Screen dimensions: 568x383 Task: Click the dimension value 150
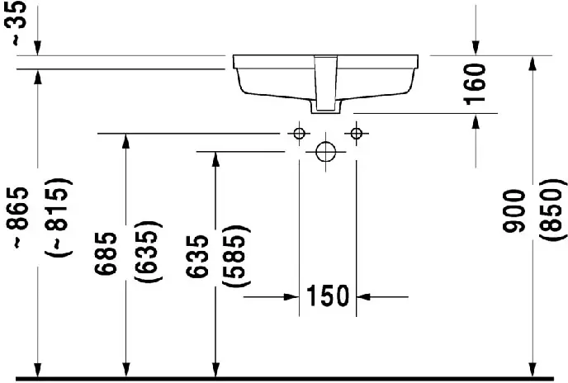(328, 296)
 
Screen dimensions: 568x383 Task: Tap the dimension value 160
(475, 84)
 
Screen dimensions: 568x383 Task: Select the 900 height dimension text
(514, 210)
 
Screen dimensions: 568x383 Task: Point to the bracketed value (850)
(553, 210)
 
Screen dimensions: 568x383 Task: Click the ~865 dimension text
(17, 218)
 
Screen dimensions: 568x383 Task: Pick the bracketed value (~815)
(58, 217)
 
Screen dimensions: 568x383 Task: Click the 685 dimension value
(106, 253)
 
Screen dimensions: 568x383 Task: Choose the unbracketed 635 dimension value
(197, 257)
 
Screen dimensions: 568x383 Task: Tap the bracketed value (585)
(236, 257)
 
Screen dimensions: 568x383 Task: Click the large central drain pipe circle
(325, 152)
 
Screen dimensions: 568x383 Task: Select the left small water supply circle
(299, 134)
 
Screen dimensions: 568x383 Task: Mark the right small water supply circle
(357, 134)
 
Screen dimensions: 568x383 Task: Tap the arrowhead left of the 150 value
(291, 297)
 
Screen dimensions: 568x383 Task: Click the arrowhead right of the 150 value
(364, 297)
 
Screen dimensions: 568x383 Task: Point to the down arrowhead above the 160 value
(476, 48)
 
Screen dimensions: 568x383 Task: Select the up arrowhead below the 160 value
(476, 121)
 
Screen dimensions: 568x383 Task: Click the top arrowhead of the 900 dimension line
(532, 64)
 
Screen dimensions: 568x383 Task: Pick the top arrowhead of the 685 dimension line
(125, 141)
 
